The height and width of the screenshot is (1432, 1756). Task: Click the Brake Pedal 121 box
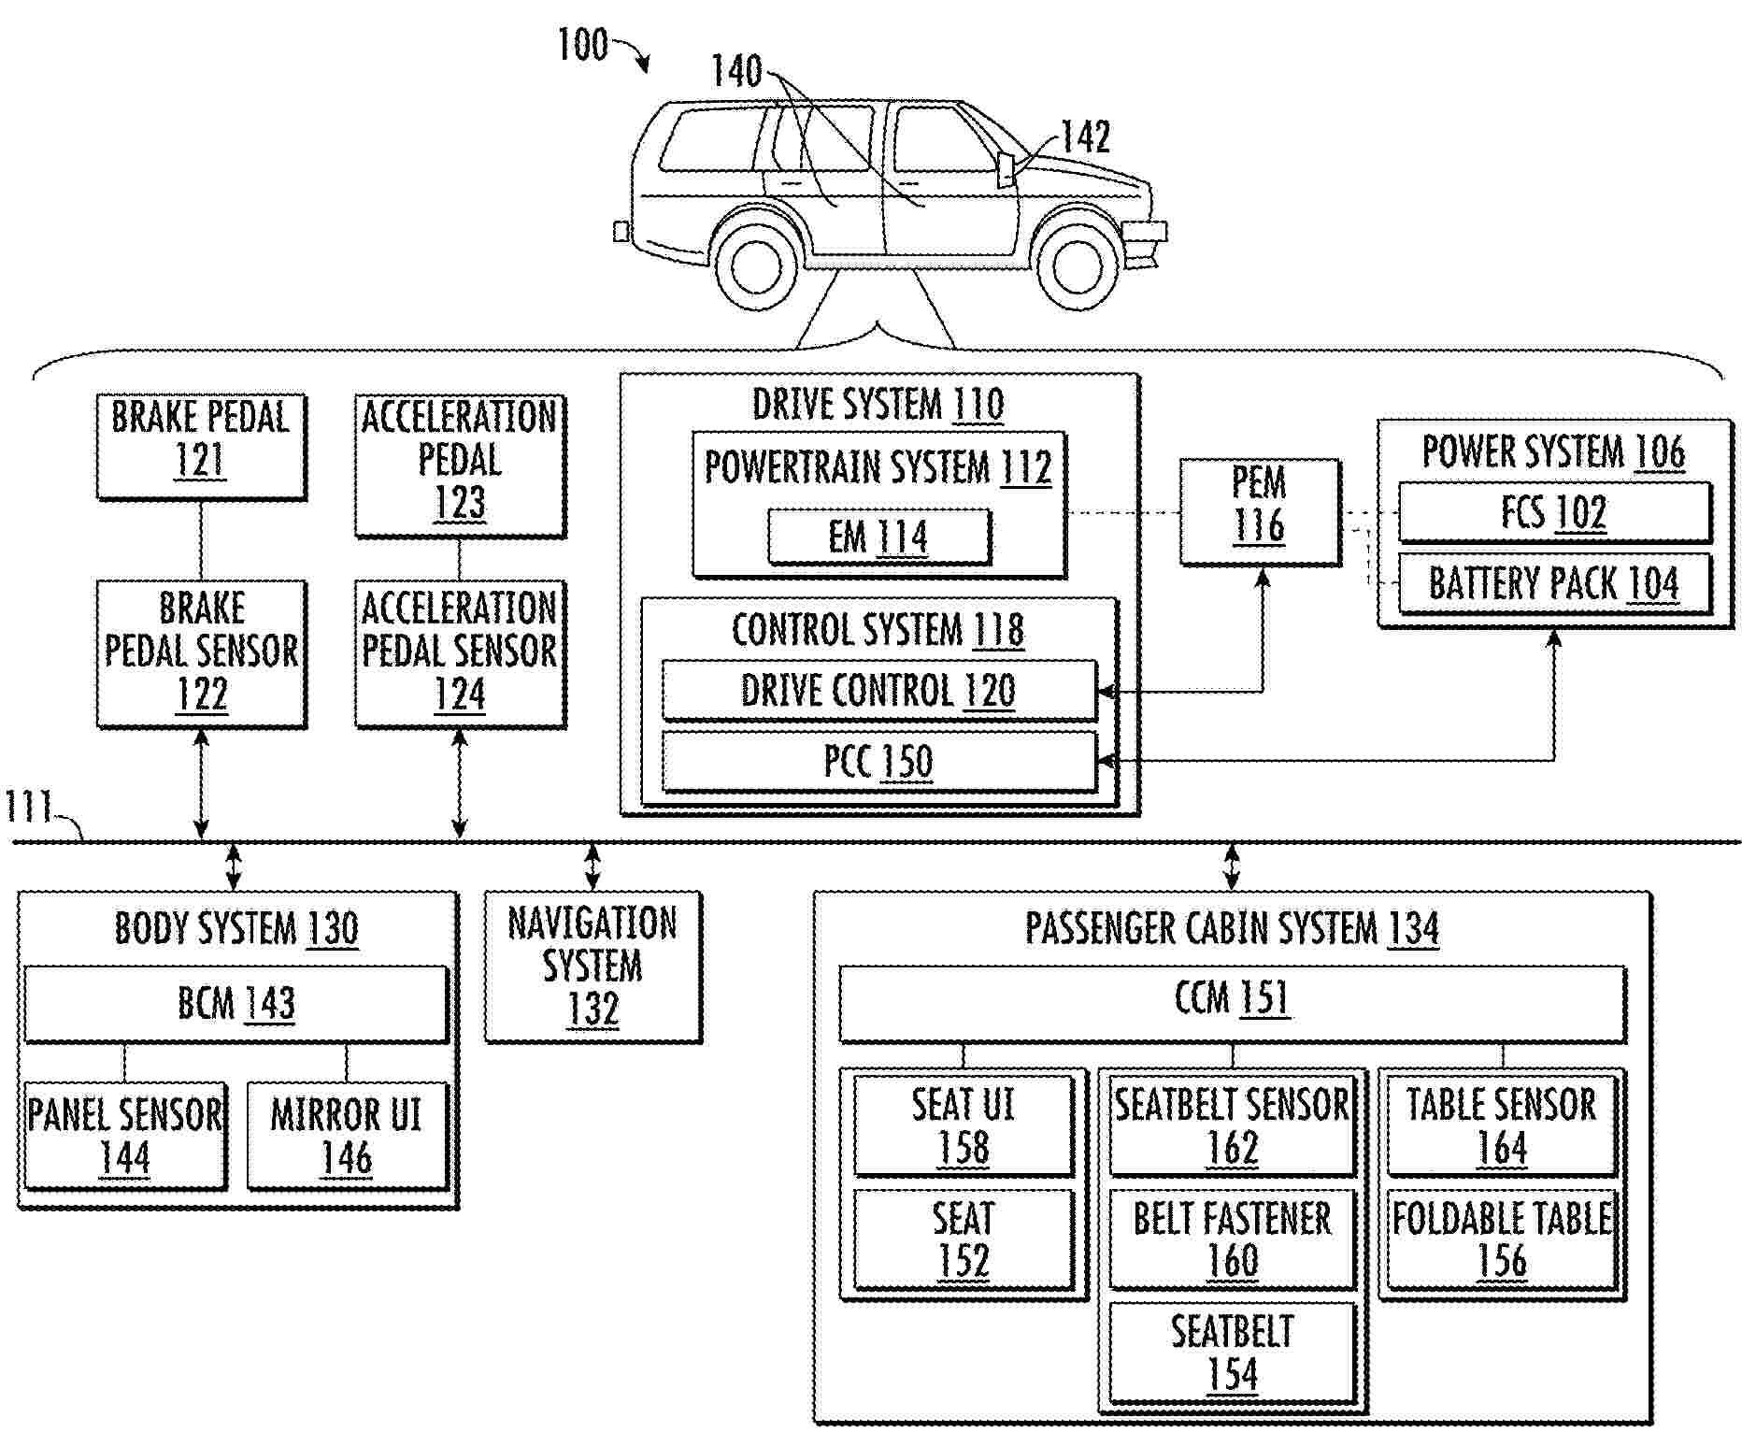click(201, 446)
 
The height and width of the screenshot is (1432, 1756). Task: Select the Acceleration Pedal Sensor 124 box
click(460, 652)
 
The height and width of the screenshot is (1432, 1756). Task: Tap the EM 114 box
click(878, 537)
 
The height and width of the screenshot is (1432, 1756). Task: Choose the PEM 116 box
click(1259, 511)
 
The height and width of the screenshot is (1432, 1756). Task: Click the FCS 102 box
click(1553, 512)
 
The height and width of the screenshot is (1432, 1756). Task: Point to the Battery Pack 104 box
click(1553, 584)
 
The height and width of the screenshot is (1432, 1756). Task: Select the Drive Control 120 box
click(878, 691)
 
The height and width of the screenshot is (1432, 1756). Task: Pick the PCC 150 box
click(878, 761)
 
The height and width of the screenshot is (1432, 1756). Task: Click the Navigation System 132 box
click(592, 967)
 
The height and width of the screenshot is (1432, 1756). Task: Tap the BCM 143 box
click(236, 1004)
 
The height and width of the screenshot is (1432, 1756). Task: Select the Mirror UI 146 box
click(347, 1136)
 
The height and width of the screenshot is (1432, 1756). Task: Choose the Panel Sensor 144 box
click(125, 1136)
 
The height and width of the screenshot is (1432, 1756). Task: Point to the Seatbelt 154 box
click(1232, 1353)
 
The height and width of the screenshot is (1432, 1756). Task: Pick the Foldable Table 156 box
click(1502, 1239)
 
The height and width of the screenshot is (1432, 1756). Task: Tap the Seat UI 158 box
click(963, 1125)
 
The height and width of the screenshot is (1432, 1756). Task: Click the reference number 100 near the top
click(582, 45)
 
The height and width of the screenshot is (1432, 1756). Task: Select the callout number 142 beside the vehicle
click(1085, 138)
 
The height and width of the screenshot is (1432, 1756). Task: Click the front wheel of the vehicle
click(1078, 267)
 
